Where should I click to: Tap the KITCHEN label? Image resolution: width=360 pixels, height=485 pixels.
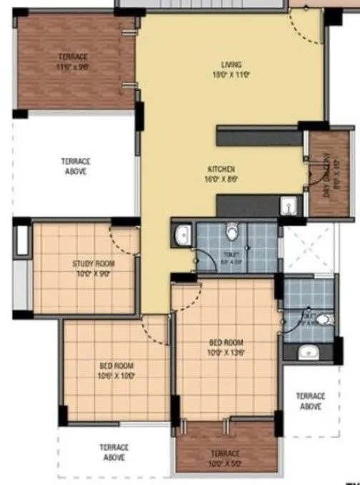tap(221, 169)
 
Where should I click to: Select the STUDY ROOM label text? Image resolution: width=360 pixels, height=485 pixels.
tap(93, 264)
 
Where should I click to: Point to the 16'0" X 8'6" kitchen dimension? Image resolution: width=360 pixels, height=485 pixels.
tap(221, 179)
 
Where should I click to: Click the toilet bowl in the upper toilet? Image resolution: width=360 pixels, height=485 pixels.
tap(231, 233)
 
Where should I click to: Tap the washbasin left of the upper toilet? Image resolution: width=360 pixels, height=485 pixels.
tap(182, 234)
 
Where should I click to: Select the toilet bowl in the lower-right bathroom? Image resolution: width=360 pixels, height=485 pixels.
tap(323, 319)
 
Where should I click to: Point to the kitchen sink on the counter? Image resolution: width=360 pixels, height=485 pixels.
tap(287, 206)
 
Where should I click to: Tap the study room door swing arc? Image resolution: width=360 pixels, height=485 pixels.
tap(122, 240)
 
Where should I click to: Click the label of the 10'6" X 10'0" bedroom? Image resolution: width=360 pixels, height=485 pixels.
tap(116, 365)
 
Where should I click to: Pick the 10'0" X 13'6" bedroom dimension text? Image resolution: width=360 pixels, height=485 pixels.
tap(225, 352)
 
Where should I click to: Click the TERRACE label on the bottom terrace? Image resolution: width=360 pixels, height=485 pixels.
tap(225, 454)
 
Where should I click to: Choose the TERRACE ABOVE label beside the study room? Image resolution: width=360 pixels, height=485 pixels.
tap(74, 167)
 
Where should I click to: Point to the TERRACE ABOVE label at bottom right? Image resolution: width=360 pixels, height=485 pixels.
tap(311, 401)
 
